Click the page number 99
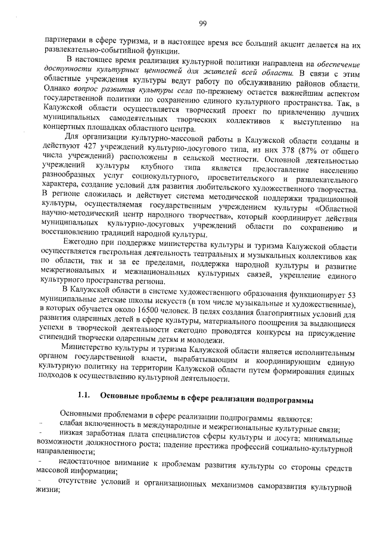pos(202,23)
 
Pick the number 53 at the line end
pos(352,291)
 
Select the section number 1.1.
pos(83,396)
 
